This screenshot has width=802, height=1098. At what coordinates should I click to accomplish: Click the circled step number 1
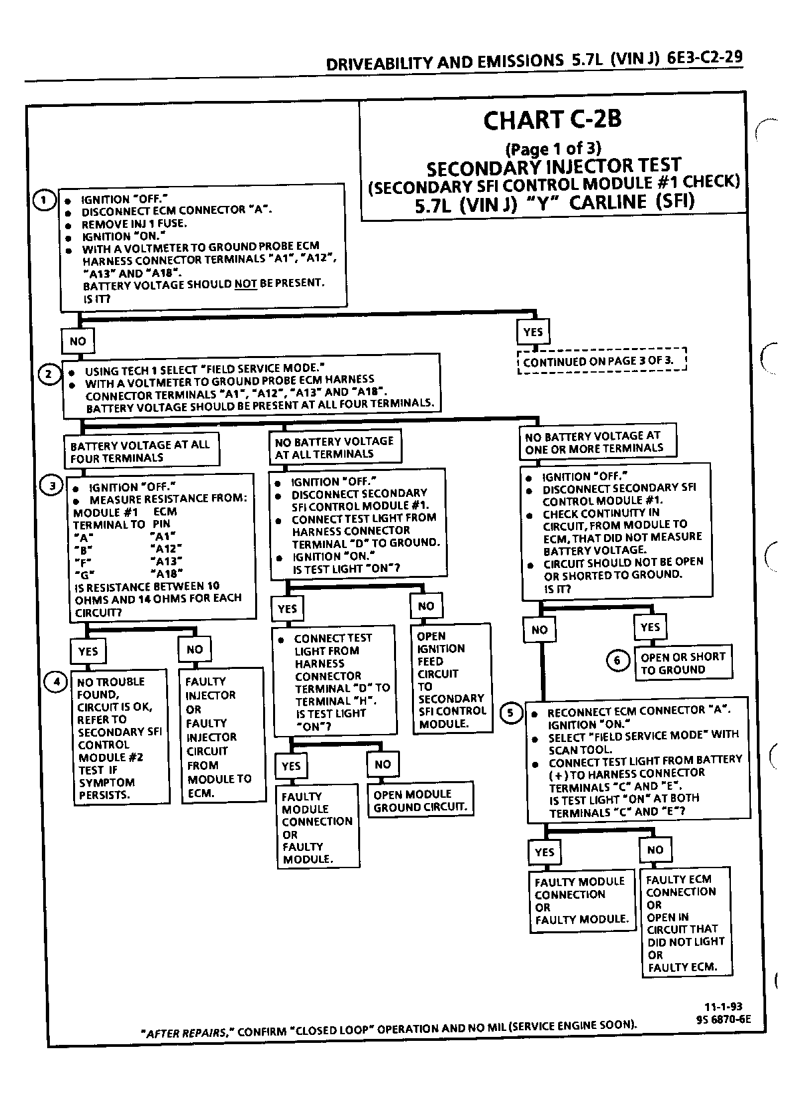tap(44, 200)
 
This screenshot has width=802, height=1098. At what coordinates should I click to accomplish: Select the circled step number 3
tap(51, 486)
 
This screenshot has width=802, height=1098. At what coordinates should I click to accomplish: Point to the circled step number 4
tap(56, 682)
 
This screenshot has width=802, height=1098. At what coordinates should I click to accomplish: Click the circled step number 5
tap(511, 713)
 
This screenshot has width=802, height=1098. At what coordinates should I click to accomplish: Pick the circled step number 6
tap(618, 661)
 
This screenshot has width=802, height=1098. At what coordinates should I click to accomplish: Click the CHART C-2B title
tap(552, 120)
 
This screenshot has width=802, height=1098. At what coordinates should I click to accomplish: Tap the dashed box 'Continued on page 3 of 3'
tap(603, 361)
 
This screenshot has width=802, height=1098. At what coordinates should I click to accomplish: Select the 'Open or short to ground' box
tap(683, 663)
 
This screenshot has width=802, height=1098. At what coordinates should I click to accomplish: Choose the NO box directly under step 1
tap(78, 341)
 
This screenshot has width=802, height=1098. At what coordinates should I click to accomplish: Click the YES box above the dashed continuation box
tap(533, 332)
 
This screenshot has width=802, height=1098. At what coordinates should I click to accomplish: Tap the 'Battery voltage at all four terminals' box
tap(142, 450)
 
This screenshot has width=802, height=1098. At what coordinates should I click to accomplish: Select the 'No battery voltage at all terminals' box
tap(336, 447)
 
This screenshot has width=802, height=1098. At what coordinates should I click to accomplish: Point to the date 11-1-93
tap(723, 1007)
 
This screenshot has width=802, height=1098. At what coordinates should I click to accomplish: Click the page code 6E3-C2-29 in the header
tap(704, 58)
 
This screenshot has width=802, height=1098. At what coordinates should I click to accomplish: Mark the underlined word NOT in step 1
tap(246, 284)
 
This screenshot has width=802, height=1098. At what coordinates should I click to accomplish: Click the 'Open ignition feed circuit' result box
tap(452, 679)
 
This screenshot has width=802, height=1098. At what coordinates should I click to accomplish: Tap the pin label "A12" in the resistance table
tap(166, 549)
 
